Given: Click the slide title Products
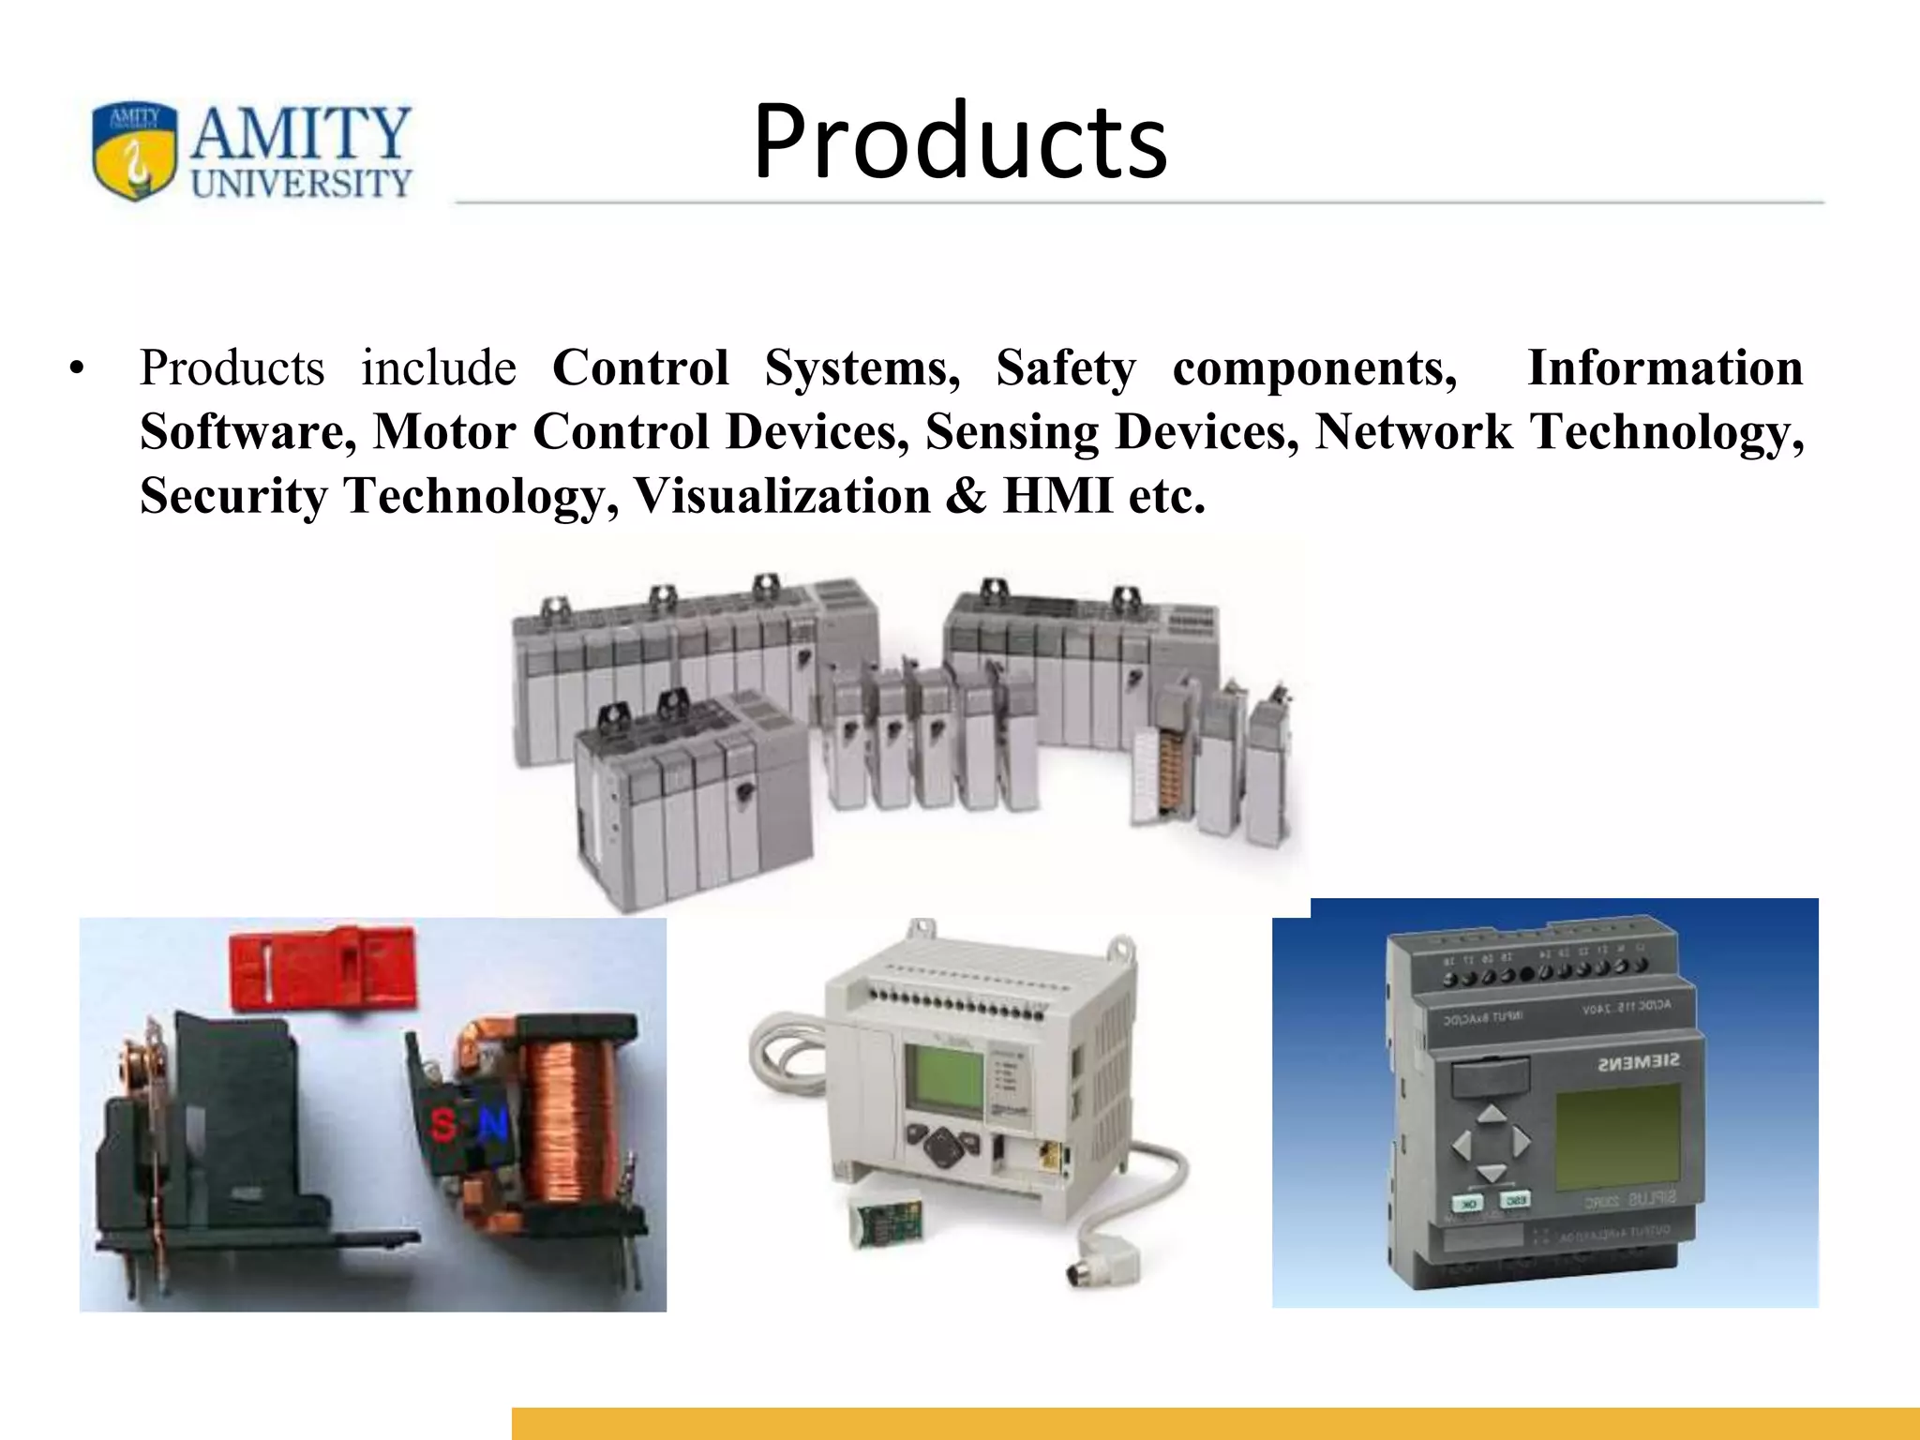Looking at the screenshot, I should click(959, 142).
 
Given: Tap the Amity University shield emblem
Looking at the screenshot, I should click(134, 151).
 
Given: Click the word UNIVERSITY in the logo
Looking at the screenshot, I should click(301, 183).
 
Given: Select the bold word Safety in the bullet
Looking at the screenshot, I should click(1065, 367).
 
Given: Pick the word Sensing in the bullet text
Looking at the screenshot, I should click(1012, 432).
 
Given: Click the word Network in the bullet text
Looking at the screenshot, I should click(1414, 432).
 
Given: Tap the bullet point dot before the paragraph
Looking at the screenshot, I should click(77, 368).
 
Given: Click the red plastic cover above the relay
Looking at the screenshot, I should click(322, 966).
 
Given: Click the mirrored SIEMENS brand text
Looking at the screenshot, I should click(1637, 1062).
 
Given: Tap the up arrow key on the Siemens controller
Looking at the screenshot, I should click(1491, 1114).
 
